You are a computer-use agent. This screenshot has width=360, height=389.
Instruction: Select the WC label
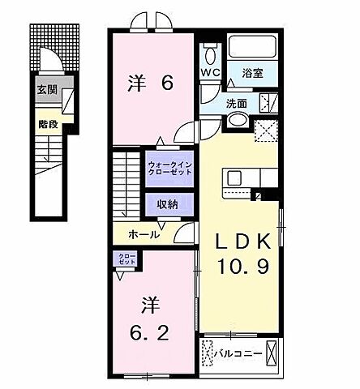click(210, 71)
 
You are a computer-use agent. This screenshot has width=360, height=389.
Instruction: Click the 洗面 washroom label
click(237, 104)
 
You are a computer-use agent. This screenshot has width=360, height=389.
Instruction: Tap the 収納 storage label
click(169, 203)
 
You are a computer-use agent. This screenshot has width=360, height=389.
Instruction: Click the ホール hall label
click(144, 234)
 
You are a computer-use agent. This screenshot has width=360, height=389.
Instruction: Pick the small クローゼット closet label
click(126, 261)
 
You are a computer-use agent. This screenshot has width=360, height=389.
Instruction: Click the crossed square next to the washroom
click(265, 130)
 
